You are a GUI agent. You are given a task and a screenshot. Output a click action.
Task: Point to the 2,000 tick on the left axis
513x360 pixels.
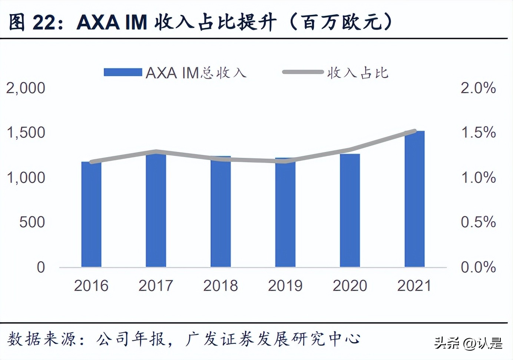coord(26,88)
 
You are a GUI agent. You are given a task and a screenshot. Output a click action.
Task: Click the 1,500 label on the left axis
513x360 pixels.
coord(26,133)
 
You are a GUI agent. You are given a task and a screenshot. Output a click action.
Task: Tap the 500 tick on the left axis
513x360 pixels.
coord(32,222)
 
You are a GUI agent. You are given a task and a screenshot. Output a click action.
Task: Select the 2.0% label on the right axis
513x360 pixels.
coord(478,88)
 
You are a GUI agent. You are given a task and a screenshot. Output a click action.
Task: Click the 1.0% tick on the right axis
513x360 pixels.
coord(478,178)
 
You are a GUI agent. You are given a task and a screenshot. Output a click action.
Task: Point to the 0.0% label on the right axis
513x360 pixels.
coord(478,267)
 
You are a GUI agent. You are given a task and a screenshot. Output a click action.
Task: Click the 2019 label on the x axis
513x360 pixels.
coord(285,286)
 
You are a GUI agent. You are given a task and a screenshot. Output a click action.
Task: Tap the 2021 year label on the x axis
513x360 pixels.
coord(414,286)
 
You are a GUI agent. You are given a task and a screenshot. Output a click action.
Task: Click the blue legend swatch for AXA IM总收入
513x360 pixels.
coord(123,72)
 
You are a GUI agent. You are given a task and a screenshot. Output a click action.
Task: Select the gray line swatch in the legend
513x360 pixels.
coord(303,72)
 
